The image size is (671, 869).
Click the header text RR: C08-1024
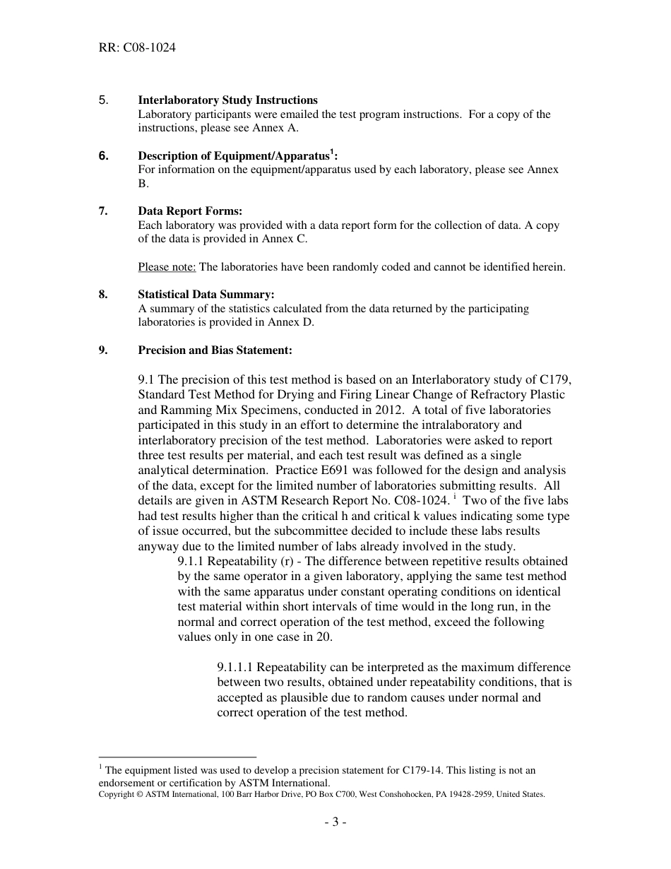click(137, 48)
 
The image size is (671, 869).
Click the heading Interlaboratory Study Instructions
click(227, 100)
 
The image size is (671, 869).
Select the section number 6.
click(103, 156)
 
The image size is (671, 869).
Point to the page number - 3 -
click(335, 822)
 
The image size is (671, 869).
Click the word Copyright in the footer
click(115, 794)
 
